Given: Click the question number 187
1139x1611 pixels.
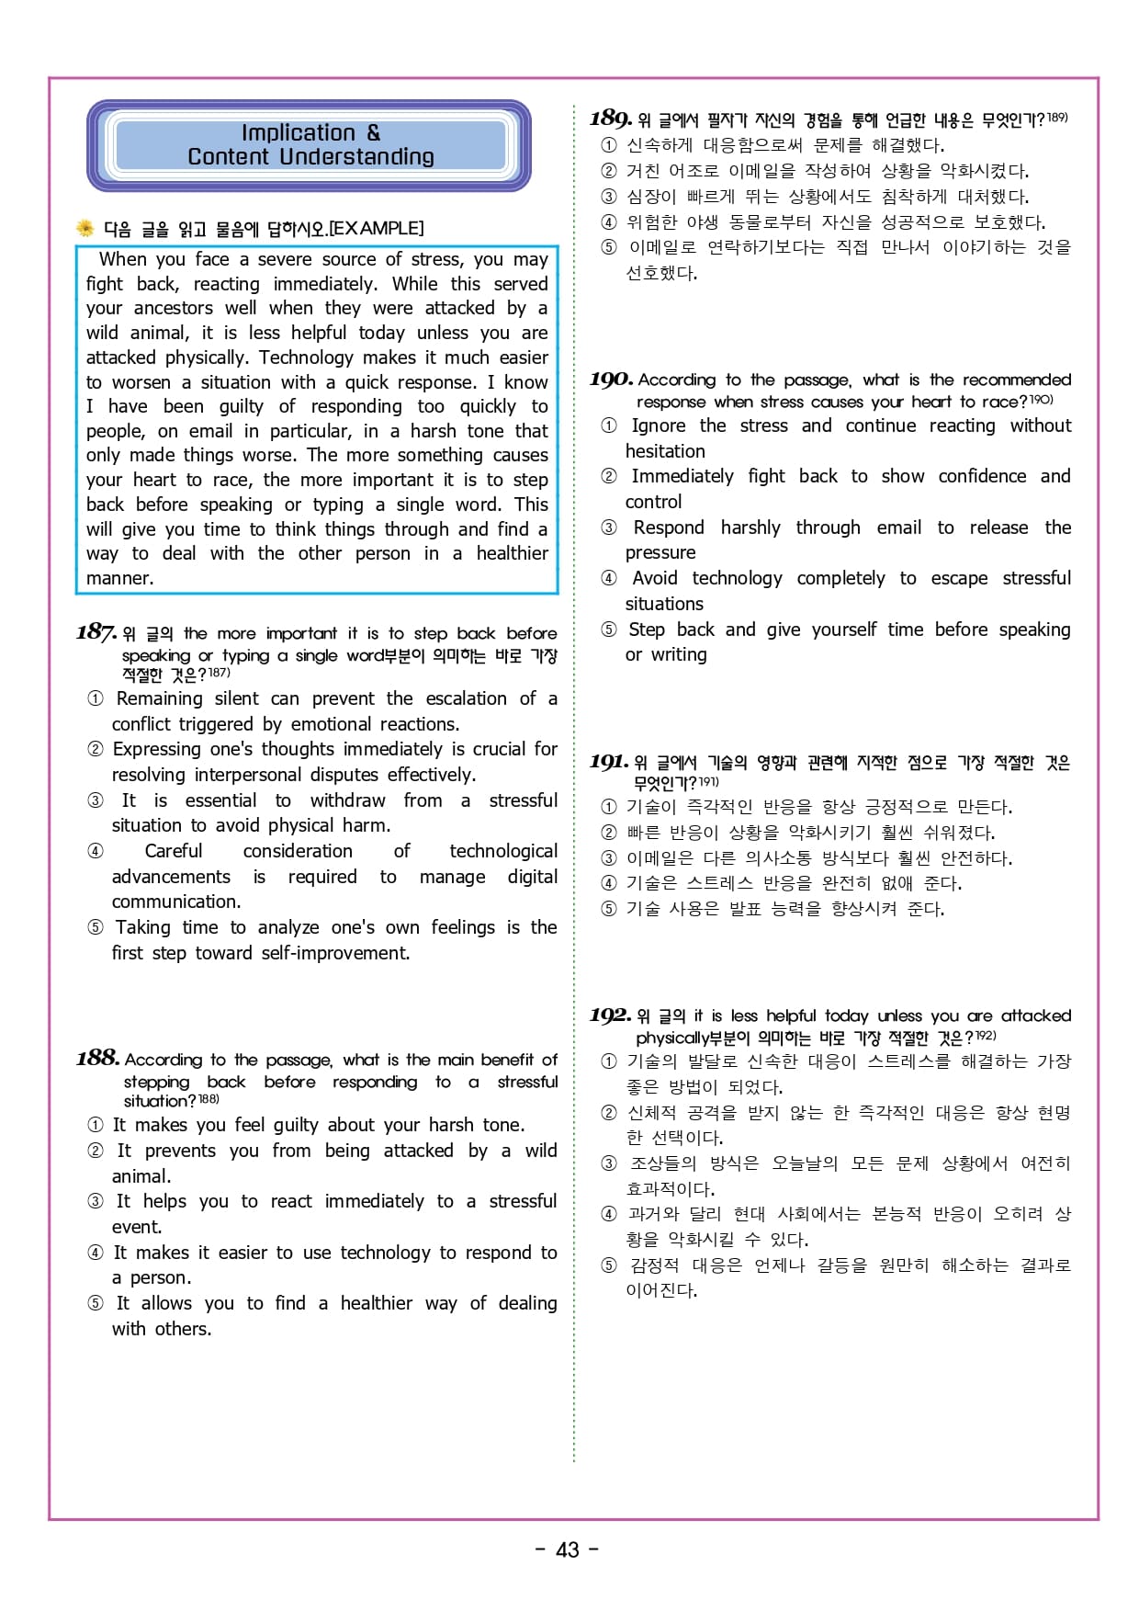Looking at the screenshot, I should tap(96, 632).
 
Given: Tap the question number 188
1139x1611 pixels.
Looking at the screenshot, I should tap(98, 1058).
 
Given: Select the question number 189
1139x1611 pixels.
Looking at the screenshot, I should tap(611, 119).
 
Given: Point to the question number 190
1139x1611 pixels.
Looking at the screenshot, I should tap(611, 379).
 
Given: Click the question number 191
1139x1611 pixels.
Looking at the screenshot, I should tap(609, 761).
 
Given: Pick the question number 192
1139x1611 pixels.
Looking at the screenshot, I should tap(610, 1015).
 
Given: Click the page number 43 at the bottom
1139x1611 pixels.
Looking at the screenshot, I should tap(568, 1549).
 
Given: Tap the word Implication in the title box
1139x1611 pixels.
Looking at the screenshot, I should tap(298, 133).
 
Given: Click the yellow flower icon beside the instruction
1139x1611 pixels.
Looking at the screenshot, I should tap(85, 228).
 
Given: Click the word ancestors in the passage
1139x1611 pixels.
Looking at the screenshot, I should tap(174, 308).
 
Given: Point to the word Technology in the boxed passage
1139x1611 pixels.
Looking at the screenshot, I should tap(306, 357).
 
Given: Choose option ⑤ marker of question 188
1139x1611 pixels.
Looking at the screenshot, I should tap(96, 1303).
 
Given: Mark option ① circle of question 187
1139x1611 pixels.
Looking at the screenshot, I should tap(96, 698).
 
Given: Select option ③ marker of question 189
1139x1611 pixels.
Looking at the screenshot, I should tap(609, 197).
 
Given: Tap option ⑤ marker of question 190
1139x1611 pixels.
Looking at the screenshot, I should tap(609, 630).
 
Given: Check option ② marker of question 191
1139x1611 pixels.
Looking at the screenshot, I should tap(609, 833).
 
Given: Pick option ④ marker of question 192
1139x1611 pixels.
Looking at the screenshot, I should tap(609, 1214).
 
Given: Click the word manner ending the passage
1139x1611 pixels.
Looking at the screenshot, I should tap(118, 578).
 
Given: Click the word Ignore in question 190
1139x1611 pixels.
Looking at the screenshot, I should tap(658, 425).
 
